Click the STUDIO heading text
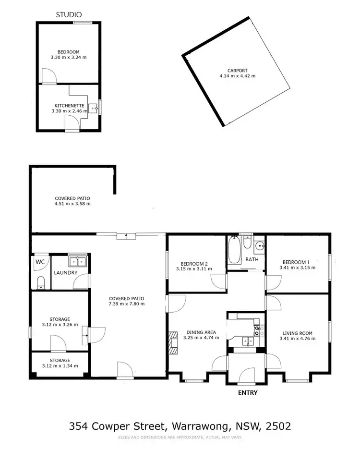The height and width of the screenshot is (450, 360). (x=69, y=15)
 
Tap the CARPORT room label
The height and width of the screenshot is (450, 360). (x=238, y=70)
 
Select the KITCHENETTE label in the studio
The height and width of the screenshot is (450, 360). (x=68, y=106)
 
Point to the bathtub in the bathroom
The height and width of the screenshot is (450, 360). (x=234, y=250)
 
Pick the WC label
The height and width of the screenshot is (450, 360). (x=40, y=262)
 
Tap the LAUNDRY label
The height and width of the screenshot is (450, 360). (x=66, y=273)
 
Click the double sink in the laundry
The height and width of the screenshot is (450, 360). (x=77, y=262)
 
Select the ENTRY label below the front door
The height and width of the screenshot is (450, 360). (x=248, y=392)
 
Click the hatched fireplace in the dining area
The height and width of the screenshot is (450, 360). (x=173, y=342)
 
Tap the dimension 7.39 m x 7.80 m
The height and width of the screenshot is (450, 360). (x=126, y=304)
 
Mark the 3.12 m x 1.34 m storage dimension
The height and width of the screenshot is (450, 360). (x=60, y=366)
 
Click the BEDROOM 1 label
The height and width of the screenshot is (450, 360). (x=297, y=262)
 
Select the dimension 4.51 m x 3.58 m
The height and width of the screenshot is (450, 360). (x=72, y=204)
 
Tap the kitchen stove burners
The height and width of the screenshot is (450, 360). (x=257, y=330)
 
